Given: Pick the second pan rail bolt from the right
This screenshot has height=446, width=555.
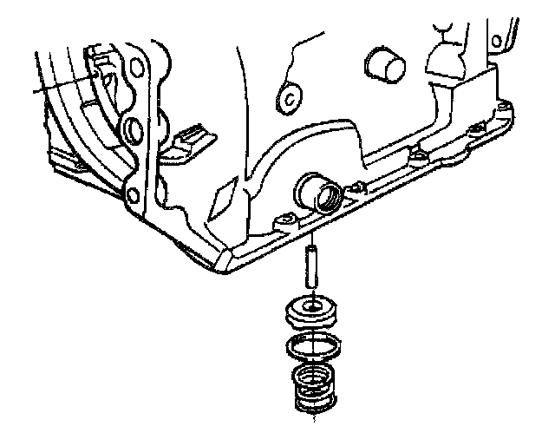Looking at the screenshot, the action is [473, 130].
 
